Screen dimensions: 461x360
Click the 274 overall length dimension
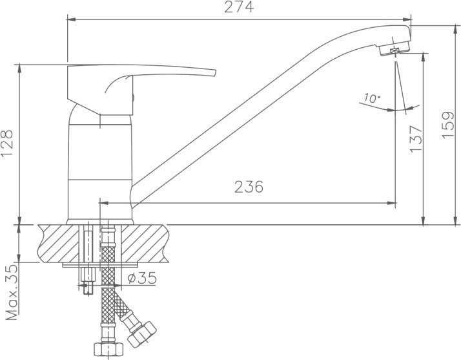point(239,7)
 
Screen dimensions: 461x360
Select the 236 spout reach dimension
point(249,187)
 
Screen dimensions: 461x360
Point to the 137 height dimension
point(416,139)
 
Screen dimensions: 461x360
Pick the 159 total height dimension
point(448,125)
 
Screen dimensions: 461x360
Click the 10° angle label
point(372,98)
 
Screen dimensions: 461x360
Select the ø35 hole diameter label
point(142,278)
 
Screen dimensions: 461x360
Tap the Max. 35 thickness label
point(12,292)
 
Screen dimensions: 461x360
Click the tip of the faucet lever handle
point(215,73)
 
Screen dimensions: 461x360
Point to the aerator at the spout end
point(394,48)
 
